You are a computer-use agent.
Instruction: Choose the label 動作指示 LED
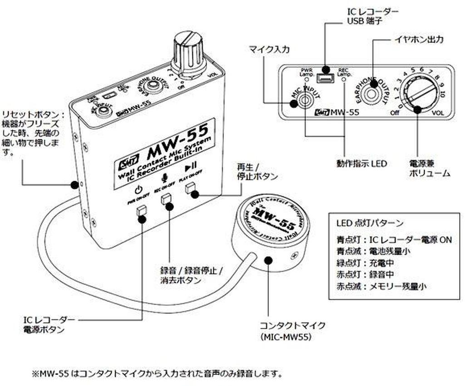362,163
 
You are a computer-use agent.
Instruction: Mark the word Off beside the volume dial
395,113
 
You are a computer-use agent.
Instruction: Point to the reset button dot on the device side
74,184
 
